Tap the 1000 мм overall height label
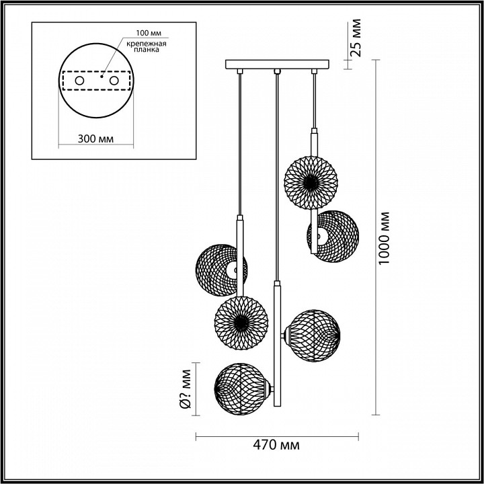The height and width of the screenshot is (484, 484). click(384, 240)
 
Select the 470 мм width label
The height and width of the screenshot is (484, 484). click(277, 445)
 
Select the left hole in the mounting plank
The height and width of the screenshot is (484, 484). click(79, 81)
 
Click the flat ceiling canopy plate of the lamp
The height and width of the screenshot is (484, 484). click(276, 65)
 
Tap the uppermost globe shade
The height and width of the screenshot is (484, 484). click(310, 182)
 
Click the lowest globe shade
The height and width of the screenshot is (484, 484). click(239, 388)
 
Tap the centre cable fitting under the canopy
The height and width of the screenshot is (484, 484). click(276, 71)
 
